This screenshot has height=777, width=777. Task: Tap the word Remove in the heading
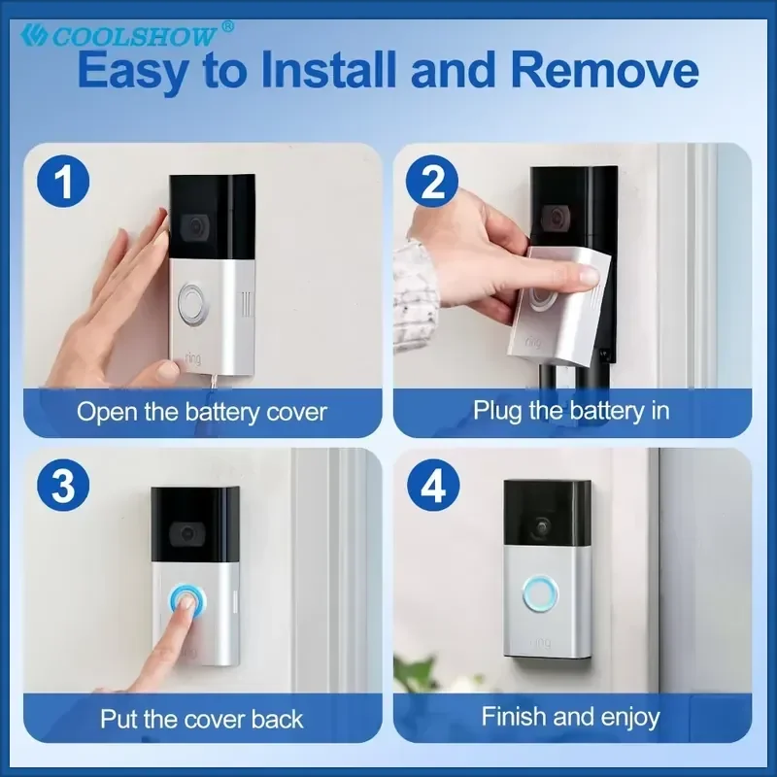(x=604, y=70)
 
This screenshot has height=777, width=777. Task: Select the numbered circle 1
(x=63, y=181)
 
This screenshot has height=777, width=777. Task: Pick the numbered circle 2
(x=432, y=181)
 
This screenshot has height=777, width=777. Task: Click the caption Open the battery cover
(x=202, y=412)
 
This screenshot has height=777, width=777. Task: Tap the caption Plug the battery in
(x=571, y=411)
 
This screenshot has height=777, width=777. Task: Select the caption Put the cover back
(x=202, y=719)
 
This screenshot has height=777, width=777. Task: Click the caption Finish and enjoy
(x=571, y=717)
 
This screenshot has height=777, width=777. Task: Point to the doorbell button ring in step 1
(x=192, y=300)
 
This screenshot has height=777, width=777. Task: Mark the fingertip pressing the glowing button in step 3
(x=186, y=602)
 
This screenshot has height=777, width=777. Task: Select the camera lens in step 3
(x=187, y=533)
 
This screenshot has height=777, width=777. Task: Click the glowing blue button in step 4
(x=540, y=593)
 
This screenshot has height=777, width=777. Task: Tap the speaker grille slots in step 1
(x=247, y=304)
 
